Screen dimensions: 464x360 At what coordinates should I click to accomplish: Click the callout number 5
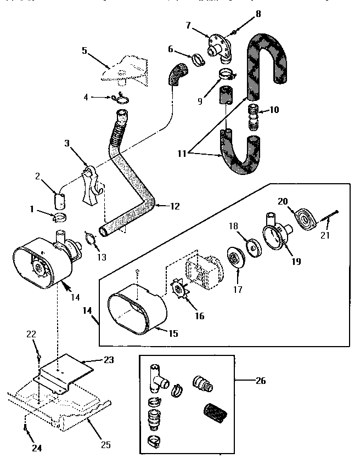(x=84, y=50)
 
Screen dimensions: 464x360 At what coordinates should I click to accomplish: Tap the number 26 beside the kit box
(x=260, y=380)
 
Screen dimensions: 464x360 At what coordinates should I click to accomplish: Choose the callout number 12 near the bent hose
(x=174, y=206)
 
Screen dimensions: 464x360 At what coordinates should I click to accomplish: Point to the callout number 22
(x=30, y=334)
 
